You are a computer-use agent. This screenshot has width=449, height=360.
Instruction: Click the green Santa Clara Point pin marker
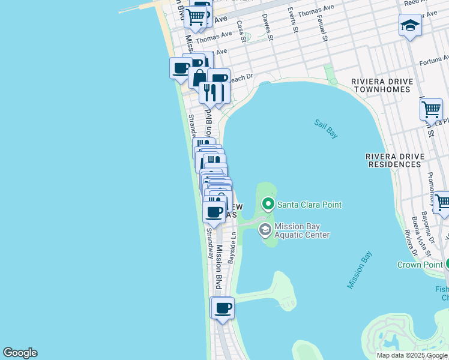point(268,205)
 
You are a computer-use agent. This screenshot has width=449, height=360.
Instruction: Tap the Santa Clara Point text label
point(309,205)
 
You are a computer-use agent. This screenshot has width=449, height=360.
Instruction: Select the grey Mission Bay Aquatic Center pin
point(265,230)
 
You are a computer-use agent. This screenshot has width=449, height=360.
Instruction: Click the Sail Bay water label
point(326,129)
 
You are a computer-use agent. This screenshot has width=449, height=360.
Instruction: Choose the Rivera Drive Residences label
point(395,160)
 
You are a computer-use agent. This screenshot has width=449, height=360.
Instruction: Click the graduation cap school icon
point(410,26)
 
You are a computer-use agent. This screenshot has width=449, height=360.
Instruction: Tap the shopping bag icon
point(199,78)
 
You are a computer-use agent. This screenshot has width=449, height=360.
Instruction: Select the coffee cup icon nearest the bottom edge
point(223,308)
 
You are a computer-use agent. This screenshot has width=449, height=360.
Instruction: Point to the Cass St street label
point(241,32)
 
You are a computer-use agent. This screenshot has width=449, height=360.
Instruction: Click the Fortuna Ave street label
point(433,61)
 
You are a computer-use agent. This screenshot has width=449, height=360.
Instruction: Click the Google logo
point(20,353)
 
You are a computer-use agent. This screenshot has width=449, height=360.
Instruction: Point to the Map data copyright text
point(412,355)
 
